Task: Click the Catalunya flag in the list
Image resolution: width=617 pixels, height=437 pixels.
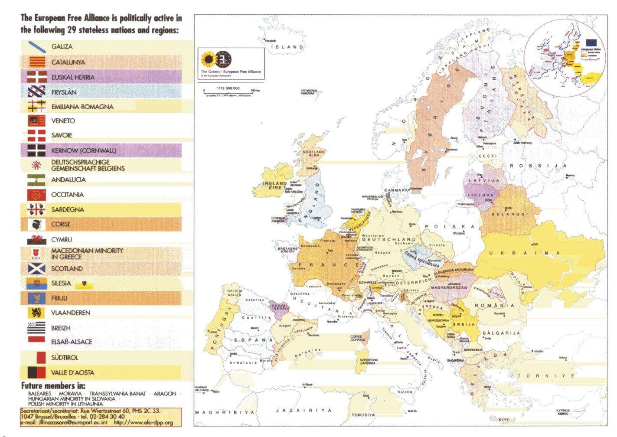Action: point(37,62)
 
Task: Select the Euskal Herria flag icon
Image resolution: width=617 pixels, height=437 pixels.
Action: point(37,77)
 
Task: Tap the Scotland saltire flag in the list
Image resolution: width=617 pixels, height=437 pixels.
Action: point(37,269)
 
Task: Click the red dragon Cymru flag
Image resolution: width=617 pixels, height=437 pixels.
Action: point(37,239)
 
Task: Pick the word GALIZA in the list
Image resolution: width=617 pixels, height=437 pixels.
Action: point(62,46)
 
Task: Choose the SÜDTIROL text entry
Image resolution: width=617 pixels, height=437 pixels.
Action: point(65,358)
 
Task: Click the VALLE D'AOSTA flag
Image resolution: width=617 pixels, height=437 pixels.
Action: point(37,372)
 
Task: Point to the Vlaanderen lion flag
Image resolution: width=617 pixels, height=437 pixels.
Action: point(37,313)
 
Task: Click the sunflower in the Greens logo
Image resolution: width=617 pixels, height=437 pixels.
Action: point(209,59)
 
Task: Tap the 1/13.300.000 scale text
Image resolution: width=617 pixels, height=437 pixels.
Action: point(228,88)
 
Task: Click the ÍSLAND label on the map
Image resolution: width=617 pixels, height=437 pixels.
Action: point(287,47)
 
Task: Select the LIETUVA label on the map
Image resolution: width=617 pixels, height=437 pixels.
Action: point(480,195)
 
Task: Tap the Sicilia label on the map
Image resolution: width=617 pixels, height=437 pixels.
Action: point(405,392)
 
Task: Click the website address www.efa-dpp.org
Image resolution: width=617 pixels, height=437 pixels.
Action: point(143,422)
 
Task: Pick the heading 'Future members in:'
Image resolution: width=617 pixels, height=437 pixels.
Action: point(53,385)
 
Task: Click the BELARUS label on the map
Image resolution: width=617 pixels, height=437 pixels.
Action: point(509,214)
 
